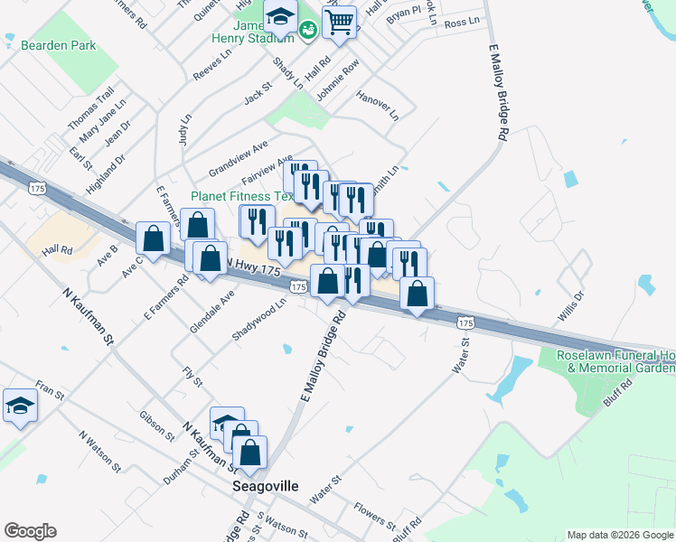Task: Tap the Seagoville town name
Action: (x=265, y=485)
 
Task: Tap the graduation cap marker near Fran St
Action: (x=20, y=406)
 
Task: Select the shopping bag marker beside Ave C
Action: (x=154, y=238)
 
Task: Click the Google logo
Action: (x=30, y=531)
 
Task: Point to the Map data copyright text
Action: (x=620, y=535)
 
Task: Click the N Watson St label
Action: (x=99, y=451)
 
